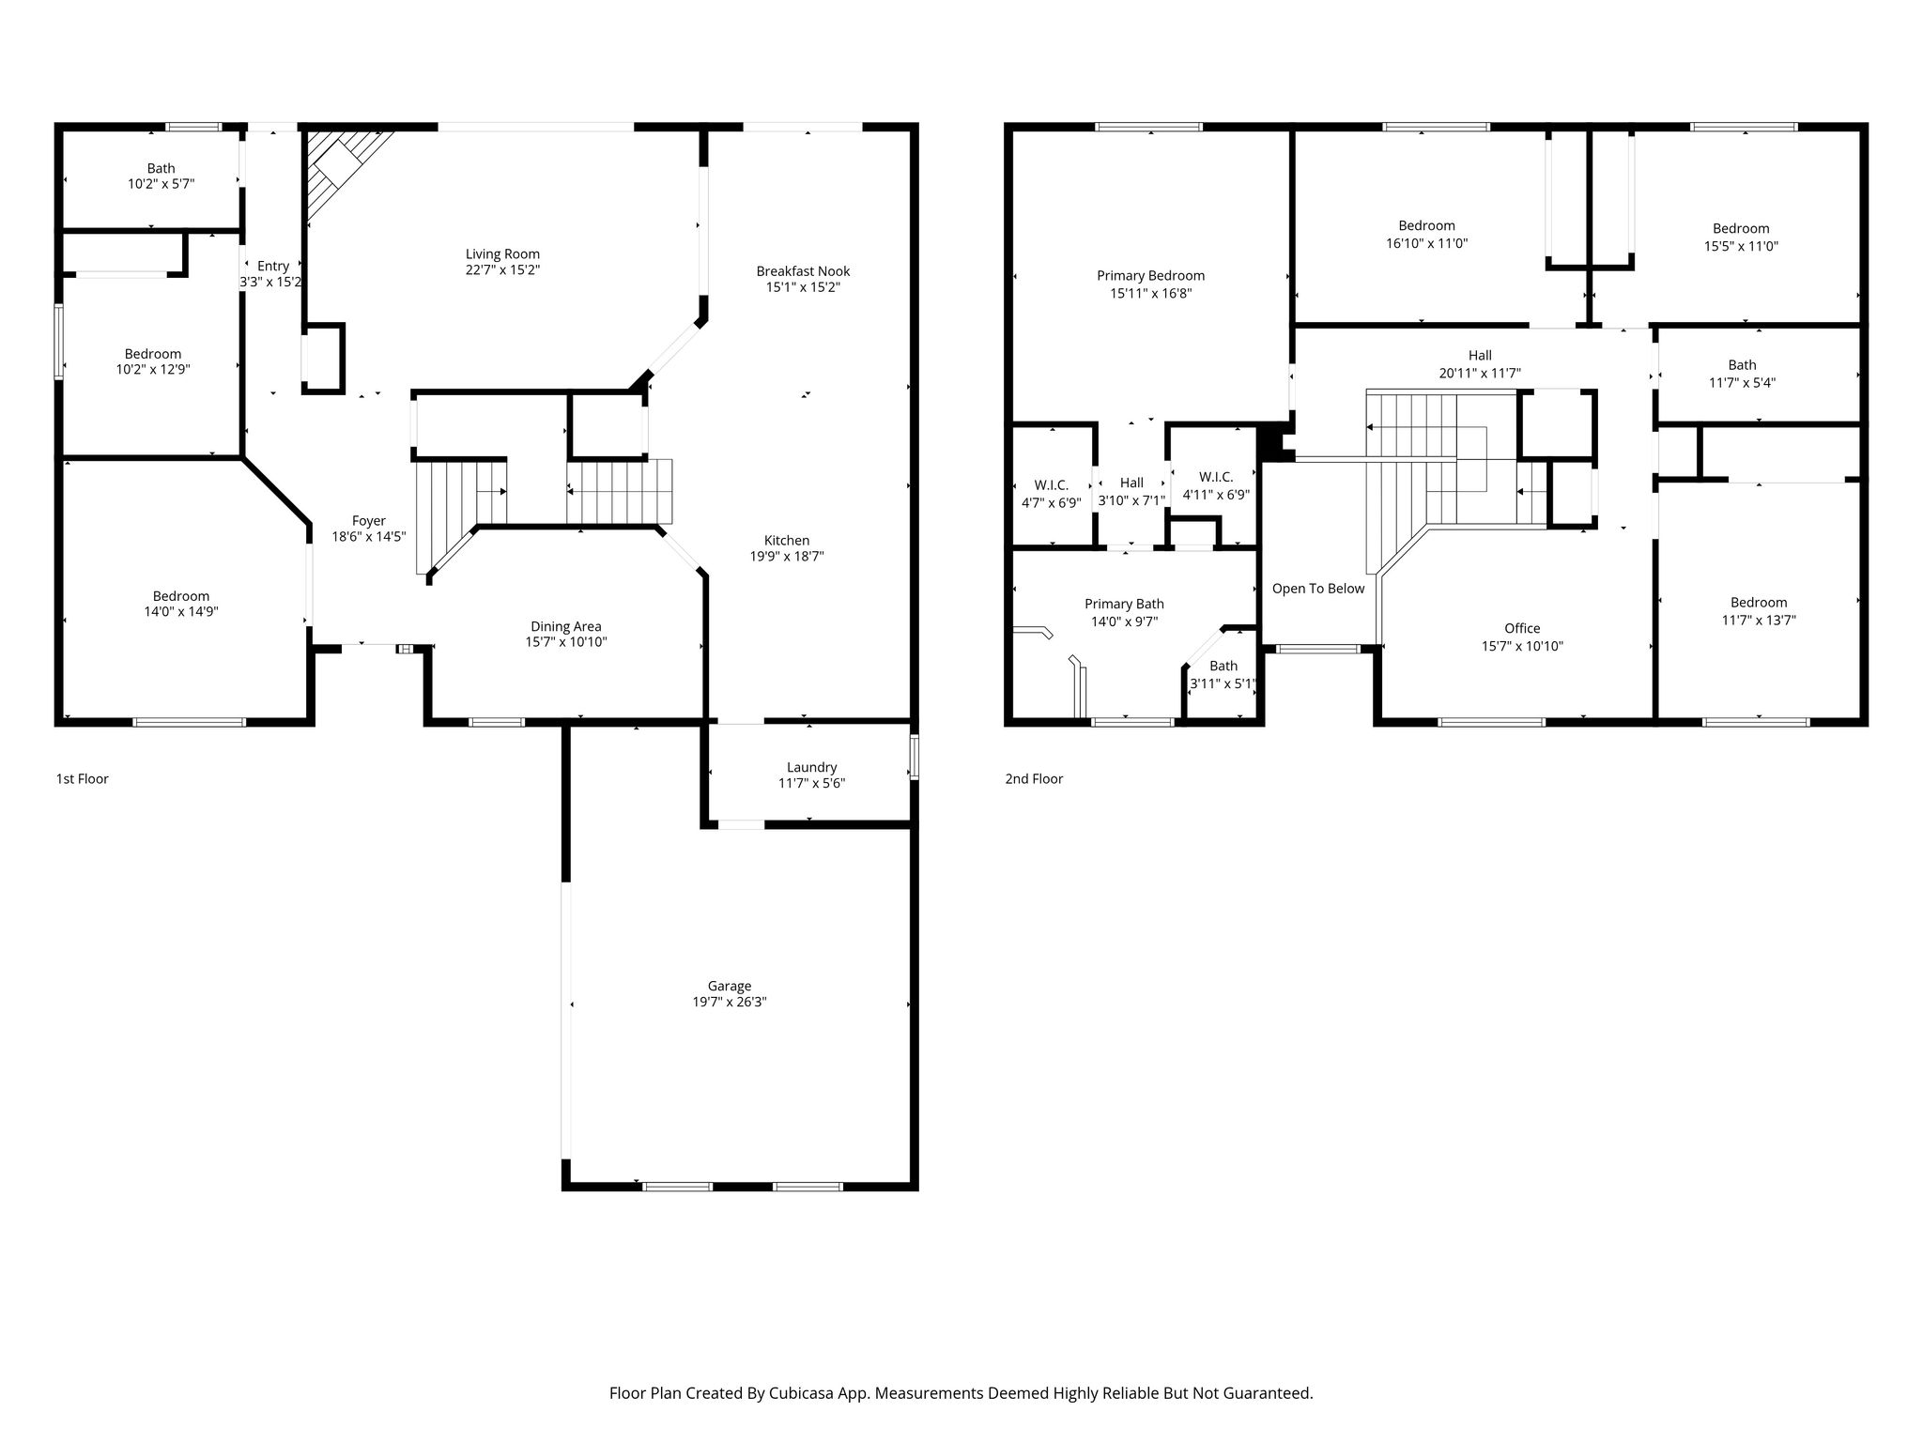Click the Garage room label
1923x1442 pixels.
tap(730, 986)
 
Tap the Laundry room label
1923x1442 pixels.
tap(811, 767)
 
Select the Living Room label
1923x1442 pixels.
tap(502, 253)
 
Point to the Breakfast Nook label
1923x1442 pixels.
tap(803, 271)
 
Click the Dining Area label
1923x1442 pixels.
tap(565, 626)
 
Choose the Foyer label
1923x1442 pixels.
tap(369, 521)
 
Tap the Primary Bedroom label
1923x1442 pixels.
tap(1150, 276)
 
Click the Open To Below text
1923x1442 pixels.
tap(1318, 589)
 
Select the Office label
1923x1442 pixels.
tap(1522, 628)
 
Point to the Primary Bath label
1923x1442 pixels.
tap(1124, 605)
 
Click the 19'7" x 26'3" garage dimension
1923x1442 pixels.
tap(730, 1003)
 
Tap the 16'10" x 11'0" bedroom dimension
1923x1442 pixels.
tap(1426, 243)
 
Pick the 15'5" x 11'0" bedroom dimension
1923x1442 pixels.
tap(1741, 246)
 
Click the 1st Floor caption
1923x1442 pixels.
tap(83, 778)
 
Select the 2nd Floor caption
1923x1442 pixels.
tap(1034, 778)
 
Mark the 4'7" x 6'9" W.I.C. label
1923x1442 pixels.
tap(1051, 502)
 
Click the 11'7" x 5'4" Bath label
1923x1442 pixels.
tap(1742, 382)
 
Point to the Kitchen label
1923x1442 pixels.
tap(787, 540)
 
